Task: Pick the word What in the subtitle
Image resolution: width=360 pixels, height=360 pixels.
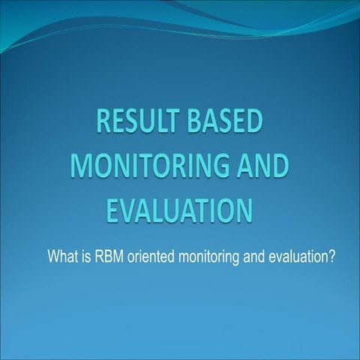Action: click(x=62, y=257)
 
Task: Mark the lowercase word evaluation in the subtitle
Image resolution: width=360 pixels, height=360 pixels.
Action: click(x=298, y=257)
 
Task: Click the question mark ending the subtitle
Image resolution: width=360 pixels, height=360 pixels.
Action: click(x=331, y=257)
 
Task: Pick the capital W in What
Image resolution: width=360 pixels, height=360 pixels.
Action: click(x=53, y=257)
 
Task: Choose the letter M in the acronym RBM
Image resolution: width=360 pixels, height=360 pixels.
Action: click(x=117, y=257)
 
